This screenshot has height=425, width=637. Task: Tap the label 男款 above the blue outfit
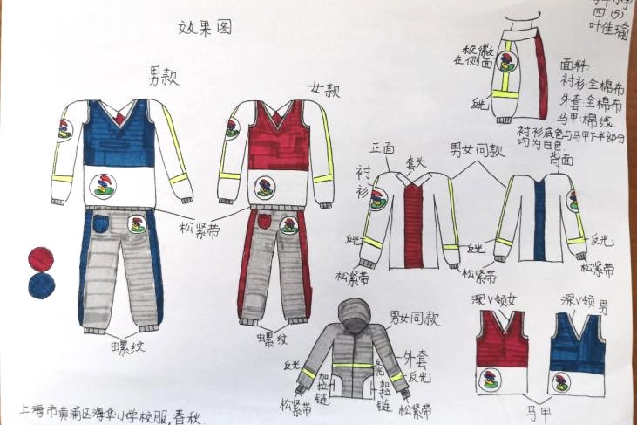pyautogui.click(x=165, y=76)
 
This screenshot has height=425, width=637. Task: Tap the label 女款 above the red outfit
pyautogui.click(x=325, y=89)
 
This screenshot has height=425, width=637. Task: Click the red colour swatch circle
pyautogui.click(x=40, y=258)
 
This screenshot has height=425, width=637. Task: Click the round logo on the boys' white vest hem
pyautogui.click(x=103, y=185)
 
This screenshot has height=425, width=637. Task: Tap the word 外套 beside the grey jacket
pyautogui.click(x=416, y=358)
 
